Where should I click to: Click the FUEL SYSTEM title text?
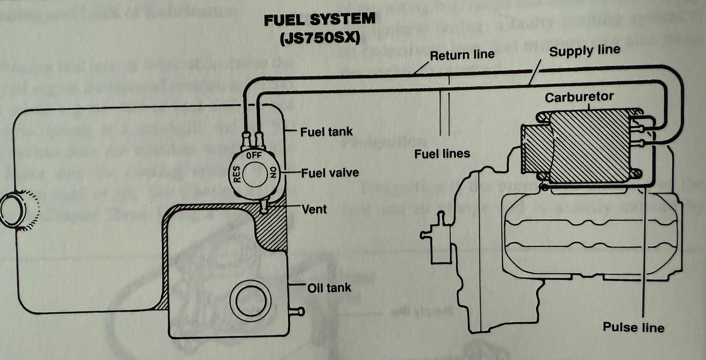[320, 20]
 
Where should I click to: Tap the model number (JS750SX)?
[320, 38]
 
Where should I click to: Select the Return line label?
[462, 55]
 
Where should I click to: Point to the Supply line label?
[585, 51]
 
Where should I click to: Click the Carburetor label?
[579, 97]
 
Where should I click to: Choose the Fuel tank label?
[326, 132]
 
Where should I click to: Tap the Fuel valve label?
[330, 173]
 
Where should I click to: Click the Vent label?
[314, 209]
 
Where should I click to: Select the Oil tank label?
[329, 288]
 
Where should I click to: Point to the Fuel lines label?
[442, 154]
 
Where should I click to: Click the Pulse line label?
[633, 327]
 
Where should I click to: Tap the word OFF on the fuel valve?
[254, 156]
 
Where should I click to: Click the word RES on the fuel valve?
[237, 175]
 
